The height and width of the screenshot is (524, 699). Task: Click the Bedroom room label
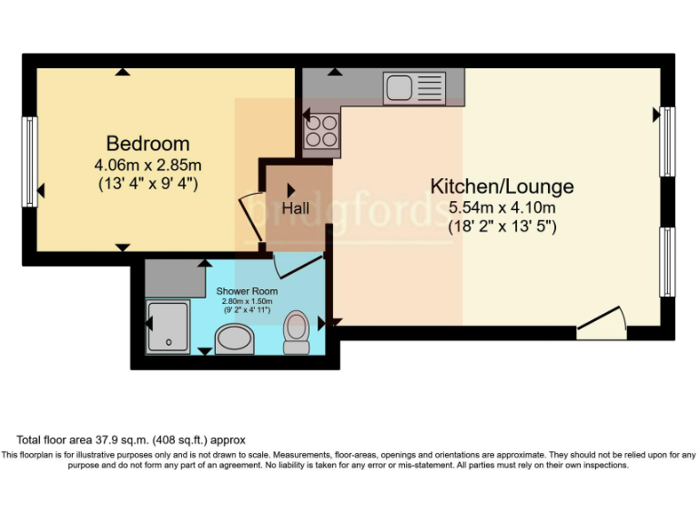click(x=147, y=143)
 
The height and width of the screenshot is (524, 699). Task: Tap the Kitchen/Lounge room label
click(x=501, y=186)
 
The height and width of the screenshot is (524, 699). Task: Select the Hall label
click(x=295, y=209)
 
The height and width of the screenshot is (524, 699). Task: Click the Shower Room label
click(x=247, y=291)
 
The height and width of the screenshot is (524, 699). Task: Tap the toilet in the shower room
click(x=297, y=332)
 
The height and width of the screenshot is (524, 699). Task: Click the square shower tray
click(x=169, y=324)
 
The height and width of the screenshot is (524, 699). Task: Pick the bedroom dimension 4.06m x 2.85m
click(x=147, y=166)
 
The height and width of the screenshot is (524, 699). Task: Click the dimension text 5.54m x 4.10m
click(x=501, y=207)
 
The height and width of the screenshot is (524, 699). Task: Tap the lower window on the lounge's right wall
click(x=667, y=262)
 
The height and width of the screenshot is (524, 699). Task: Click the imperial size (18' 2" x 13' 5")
click(x=501, y=227)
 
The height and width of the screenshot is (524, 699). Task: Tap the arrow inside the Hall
click(x=291, y=190)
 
